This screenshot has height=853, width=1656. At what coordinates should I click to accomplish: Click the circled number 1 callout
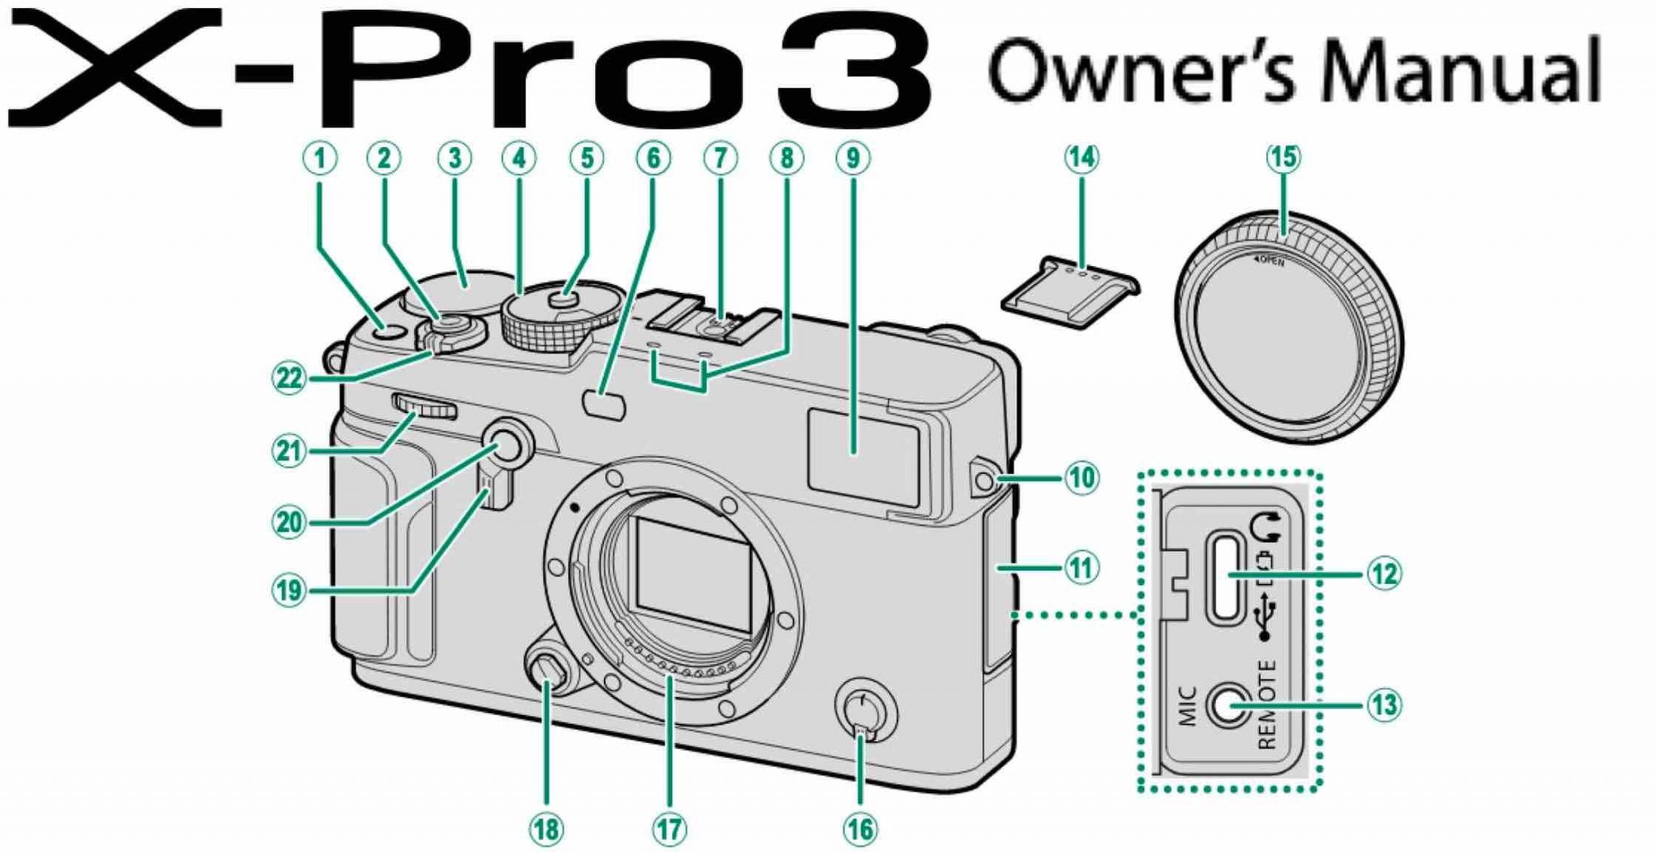[320, 158]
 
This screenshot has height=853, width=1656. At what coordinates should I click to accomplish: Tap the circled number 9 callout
[853, 158]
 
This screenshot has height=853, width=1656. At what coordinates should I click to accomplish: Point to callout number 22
[289, 378]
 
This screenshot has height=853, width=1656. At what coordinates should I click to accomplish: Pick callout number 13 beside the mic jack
[1384, 704]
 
